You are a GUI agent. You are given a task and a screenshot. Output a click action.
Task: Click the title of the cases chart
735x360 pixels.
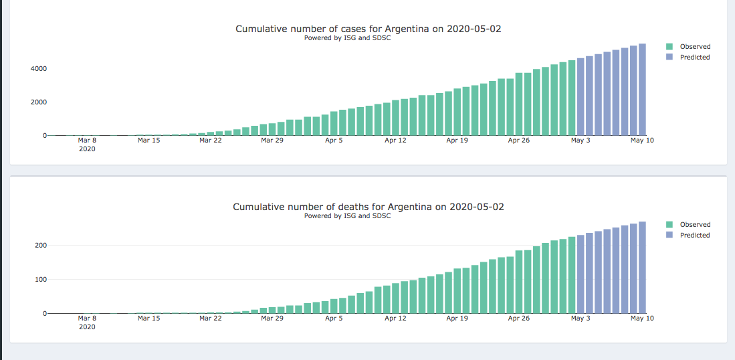click(368, 29)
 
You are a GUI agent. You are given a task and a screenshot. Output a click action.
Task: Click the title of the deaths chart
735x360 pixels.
click(368, 207)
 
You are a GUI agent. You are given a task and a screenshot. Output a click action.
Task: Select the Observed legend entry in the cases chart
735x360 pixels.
click(694, 47)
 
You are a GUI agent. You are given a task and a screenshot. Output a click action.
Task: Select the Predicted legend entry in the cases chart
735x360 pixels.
click(694, 58)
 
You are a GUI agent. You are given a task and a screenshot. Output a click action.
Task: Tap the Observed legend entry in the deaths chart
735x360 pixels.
click(694, 225)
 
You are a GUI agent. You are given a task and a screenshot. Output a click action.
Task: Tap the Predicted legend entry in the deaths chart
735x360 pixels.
click(694, 236)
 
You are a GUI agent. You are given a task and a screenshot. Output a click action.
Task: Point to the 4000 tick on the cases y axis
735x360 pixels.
click(37, 69)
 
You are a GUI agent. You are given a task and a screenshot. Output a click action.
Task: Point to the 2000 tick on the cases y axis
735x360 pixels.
click(37, 102)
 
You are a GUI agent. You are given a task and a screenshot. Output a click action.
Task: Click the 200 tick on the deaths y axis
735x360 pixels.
click(40, 246)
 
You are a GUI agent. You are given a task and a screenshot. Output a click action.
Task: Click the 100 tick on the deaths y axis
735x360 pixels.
click(40, 280)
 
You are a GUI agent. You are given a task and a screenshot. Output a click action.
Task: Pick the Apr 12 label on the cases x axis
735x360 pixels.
click(395, 141)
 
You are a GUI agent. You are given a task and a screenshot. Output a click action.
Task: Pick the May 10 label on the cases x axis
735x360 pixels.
click(642, 141)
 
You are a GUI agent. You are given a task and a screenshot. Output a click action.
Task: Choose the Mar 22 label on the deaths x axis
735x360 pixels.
click(210, 319)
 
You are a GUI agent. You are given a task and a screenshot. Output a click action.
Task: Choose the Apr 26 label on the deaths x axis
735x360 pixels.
click(518, 319)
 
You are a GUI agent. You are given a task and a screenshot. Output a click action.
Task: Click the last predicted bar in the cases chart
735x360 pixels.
click(642, 90)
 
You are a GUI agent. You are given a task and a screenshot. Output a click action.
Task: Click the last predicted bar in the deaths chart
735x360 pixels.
click(642, 268)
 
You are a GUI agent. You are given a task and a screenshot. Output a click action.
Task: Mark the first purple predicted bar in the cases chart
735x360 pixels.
click(581, 96)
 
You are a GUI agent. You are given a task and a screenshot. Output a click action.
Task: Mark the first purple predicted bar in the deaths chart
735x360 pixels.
click(581, 274)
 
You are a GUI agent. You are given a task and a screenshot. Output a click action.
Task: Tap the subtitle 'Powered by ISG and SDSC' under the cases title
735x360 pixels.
click(347, 38)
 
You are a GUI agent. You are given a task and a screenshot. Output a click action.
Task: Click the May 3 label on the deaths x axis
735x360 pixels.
click(581, 319)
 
